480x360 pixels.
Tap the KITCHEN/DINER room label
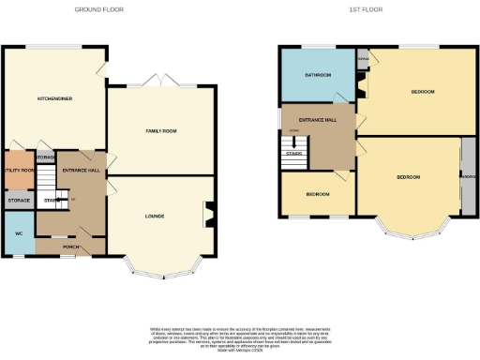click(54, 97)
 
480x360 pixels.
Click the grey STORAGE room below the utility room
click(20, 201)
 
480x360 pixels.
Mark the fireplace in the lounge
click(210, 214)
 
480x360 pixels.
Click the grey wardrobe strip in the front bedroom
click(466, 176)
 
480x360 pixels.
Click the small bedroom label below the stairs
click(317, 194)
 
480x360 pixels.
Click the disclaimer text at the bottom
click(240, 338)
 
